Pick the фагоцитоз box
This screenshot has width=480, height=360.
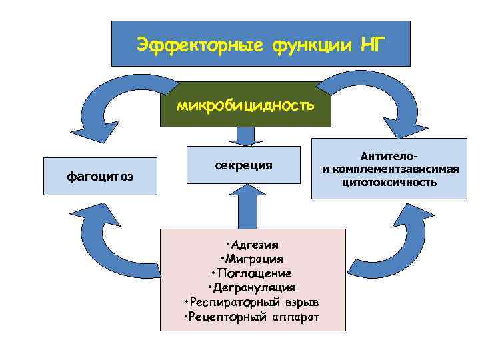pos(100,176)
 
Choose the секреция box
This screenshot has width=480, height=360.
pos(243,164)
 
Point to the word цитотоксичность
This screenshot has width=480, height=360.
pos(390,181)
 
